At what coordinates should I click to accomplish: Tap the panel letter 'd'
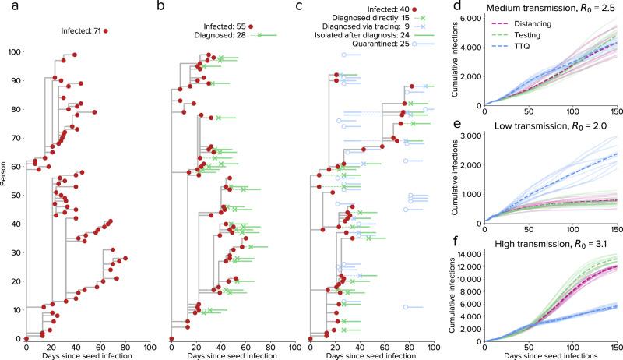pyautogui.click(x=464, y=7)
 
